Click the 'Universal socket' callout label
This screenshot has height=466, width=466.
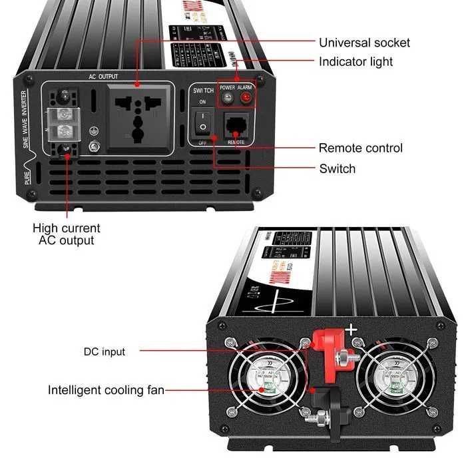click(x=364, y=43)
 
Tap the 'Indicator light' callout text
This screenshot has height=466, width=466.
click(x=355, y=62)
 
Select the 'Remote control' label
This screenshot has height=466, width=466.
click(x=360, y=148)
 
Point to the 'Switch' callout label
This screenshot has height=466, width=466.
click(x=337, y=168)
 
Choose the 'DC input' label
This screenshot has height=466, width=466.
click(x=104, y=351)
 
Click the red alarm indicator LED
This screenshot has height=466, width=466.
click(x=246, y=99)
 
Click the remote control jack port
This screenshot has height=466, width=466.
click(x=236, y=125)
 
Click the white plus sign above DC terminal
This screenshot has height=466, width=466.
click(x=351, y=328)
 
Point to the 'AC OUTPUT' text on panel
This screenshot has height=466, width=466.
click(x=103, y=77)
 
